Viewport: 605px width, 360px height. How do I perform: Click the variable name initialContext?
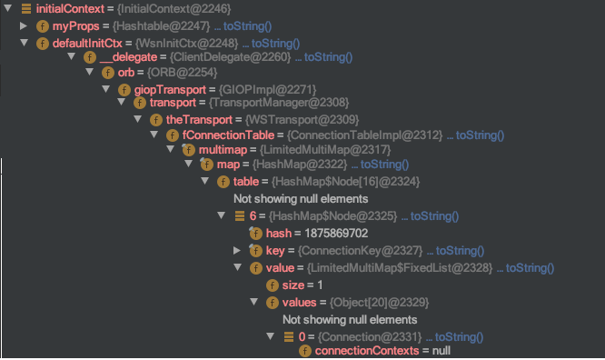click(70, 9)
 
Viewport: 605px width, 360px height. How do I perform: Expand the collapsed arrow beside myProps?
click(24, 25)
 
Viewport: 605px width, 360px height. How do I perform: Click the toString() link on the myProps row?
click(247, 26)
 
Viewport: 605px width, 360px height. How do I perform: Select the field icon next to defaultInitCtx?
click(43, 44)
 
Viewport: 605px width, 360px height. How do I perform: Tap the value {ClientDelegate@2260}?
click(230, 57)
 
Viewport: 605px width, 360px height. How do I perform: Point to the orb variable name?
click(126, 73)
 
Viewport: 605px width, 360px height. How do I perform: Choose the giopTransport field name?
click(170, 90)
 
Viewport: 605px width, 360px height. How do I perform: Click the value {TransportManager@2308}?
click(279, 103)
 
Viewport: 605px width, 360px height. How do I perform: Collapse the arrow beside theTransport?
click(138, 119)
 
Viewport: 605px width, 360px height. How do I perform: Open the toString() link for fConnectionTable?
click(480, 135)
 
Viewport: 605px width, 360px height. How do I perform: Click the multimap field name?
click(223, 150)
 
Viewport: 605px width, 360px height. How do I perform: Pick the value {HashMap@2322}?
click(300, 165)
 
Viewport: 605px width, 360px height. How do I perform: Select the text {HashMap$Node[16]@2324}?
click(345, 182)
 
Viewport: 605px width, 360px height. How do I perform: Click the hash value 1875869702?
click(336, 234)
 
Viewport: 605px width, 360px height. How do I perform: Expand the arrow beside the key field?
click(237, 250)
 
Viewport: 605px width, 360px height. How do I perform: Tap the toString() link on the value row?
click(530, 268)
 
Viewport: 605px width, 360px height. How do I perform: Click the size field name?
click(293, 285)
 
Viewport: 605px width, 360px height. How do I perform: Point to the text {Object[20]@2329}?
click(379, 303)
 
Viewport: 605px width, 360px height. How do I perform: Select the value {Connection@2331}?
click(370, 337)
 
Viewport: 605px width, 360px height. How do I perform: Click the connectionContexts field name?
click(367, 351)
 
